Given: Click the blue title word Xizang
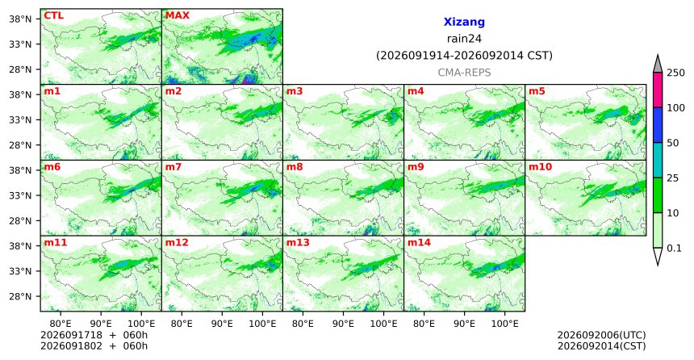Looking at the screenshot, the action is point(464,22).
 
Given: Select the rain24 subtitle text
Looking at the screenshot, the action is point(464,39).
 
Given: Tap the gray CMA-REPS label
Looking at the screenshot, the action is point(464,73).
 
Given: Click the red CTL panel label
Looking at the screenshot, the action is point(53,15).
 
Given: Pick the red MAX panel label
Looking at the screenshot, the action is point(177,15).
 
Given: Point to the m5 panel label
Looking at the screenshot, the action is point(537,91).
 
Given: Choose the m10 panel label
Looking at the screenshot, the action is point(540,167).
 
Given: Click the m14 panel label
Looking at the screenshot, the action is point(419,243).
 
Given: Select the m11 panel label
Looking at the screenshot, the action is point(56,243).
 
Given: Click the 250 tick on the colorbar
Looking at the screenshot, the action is point(676,73).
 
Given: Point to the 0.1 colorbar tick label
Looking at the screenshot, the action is point(674,248).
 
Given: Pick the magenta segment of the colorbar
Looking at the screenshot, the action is point(658,90).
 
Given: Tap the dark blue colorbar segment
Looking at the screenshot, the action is point(658,125).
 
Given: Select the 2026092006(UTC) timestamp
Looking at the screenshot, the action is point(601,335).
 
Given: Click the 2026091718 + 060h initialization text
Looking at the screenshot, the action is point(94,335).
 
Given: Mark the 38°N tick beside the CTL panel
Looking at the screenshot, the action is point(20,19).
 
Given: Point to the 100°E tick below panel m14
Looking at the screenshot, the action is point(504,324).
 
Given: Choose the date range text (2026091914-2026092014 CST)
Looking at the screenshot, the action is point(464,56).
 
